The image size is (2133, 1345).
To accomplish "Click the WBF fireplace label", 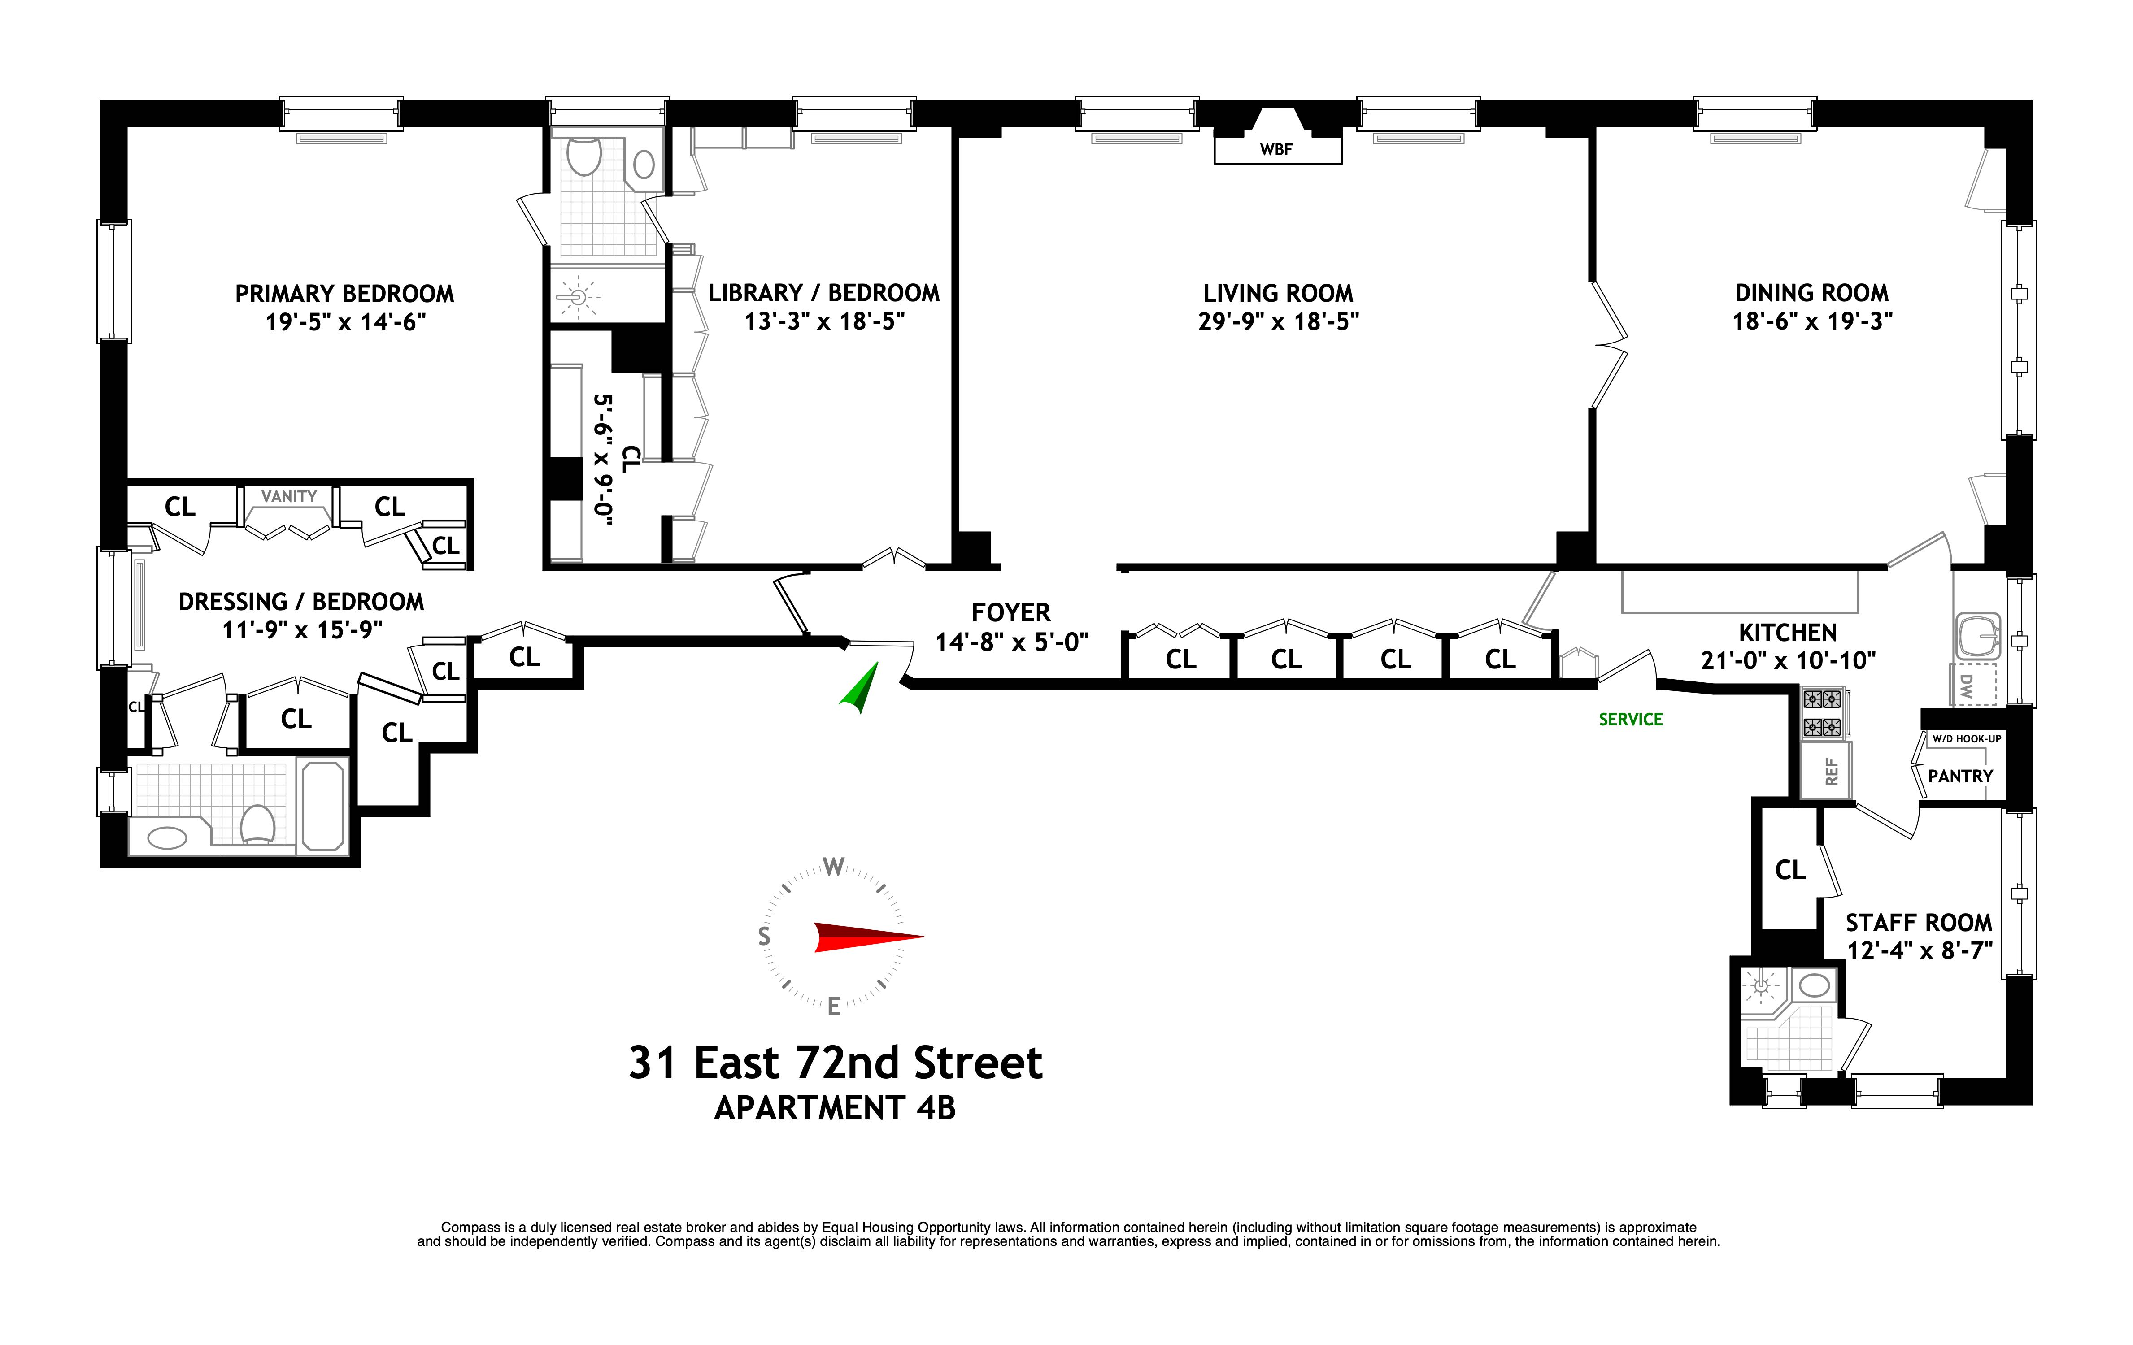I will (1276, 150).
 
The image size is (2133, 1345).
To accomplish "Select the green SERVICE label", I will (1630, 720).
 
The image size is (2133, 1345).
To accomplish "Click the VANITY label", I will (289, 497).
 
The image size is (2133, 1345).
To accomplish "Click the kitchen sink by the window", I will (1977, 637).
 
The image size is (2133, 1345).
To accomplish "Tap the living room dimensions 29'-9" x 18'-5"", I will (1277, 321).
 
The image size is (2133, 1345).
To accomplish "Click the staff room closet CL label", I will (1789, 870).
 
